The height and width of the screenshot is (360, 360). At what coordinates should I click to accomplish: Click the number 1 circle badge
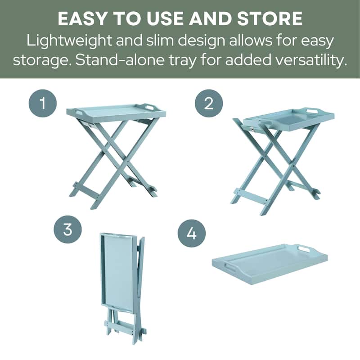point(43,104)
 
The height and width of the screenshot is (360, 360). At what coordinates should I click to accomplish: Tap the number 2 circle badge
point(209,104)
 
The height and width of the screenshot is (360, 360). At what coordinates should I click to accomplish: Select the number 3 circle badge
point(67,230)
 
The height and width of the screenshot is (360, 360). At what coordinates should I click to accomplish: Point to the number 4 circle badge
point(192,234)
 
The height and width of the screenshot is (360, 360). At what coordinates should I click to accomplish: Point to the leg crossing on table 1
point(118,153)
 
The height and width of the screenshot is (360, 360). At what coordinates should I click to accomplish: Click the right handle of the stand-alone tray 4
point(304,249)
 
